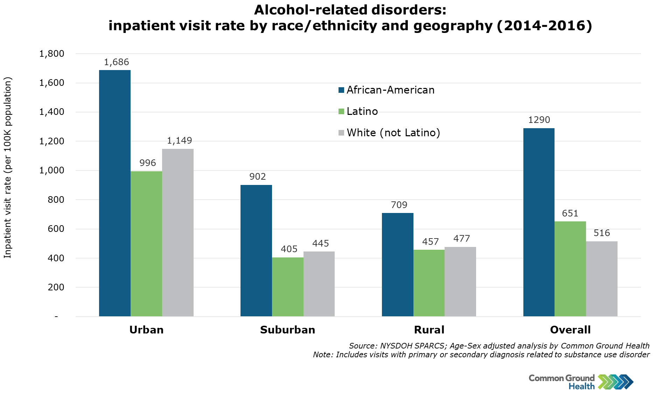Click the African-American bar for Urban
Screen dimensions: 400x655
tap(115, 193)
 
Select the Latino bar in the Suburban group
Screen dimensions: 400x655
tap(287, 287)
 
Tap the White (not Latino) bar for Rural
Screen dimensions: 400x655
tap(460, 282)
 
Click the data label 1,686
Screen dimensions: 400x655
tap(117, 62)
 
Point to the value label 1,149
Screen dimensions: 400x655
tap(180, 141)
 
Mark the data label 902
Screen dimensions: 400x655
tap(258, 177)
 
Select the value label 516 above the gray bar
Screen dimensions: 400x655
tap(602, 233)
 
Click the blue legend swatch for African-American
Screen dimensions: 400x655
tap(341, 90)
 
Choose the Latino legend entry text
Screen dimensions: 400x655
tap(362, 111)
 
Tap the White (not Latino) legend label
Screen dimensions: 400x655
tap(393, 133)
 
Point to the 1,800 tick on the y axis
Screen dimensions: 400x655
tap(52, 54)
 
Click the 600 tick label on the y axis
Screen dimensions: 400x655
tap(56, 229)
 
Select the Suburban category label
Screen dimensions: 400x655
tap(287, 330)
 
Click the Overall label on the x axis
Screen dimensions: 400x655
tap(570, 330)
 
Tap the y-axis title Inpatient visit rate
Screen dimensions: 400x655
tap(8, 167)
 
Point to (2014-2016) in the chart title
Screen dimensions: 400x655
tap(544, 26)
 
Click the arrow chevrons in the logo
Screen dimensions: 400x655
tap(616, 382)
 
